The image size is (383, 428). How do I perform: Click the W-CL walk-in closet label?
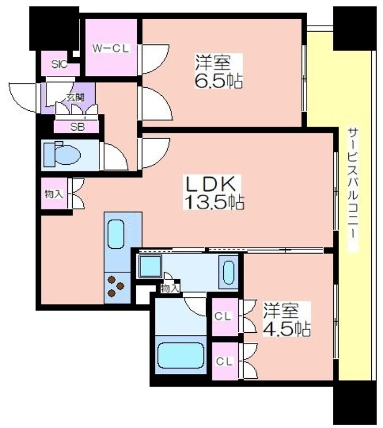pyautogui.click(x=111, y=49)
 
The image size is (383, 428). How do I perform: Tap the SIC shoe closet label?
pyautogui.click(x=59, y=64)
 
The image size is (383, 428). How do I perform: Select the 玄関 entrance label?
pyautogui.click(x=75, y=97)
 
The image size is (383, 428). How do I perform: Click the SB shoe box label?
pyautogui.click(x=77, y=127)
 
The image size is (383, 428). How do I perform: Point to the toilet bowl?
pyautogui.click(x=67, y=155)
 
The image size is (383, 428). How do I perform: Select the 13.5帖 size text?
pyautogui.click(x=214, y=202)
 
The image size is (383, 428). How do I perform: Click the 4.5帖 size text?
pyautogui.click(x=286, y=329)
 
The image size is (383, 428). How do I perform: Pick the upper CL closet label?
pyautogui.click(x=223, y=316)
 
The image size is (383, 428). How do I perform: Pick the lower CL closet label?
pyautogui.click(x=225, y=362)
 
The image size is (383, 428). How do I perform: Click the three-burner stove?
pyautogui.click(x=115, y=286)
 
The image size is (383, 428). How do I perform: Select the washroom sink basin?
pyautogui.click(x=229, y=273)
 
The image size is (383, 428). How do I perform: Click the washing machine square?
pyautogui.click(x=150, y=266)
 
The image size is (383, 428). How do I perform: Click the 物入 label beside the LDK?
pyautogui.click(x=54, y=194)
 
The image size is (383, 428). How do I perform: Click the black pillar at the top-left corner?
pyautogui.click(x=54, y=28)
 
